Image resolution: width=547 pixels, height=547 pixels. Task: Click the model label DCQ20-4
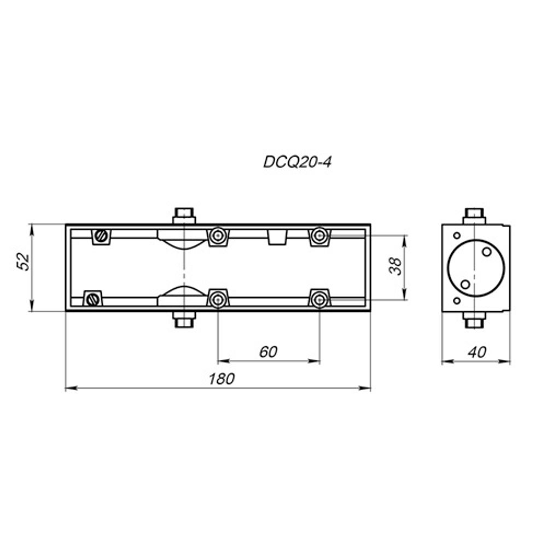298,162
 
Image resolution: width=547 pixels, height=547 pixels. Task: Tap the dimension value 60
268,352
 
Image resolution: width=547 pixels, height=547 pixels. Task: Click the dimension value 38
395,266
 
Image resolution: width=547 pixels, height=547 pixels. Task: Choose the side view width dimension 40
476,353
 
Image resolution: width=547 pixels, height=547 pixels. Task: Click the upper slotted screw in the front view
101,236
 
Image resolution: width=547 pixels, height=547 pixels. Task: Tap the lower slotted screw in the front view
92,299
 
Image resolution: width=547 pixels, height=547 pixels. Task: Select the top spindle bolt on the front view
184,215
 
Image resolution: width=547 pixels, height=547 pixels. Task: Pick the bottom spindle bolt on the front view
184,319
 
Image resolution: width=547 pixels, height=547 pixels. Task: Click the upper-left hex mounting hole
218,236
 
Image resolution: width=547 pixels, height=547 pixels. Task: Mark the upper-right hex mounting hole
319,236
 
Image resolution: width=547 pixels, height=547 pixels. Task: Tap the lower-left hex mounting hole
218,299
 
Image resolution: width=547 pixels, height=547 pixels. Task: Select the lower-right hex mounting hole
319,299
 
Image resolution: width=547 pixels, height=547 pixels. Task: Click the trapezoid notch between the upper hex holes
277,237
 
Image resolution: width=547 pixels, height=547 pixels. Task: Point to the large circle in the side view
474,267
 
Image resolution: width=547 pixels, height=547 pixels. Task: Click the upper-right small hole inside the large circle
486,252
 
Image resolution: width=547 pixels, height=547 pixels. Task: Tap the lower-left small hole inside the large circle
464,284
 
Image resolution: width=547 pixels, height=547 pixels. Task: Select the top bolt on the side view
474,215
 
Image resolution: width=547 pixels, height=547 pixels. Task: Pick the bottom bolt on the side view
474,320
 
